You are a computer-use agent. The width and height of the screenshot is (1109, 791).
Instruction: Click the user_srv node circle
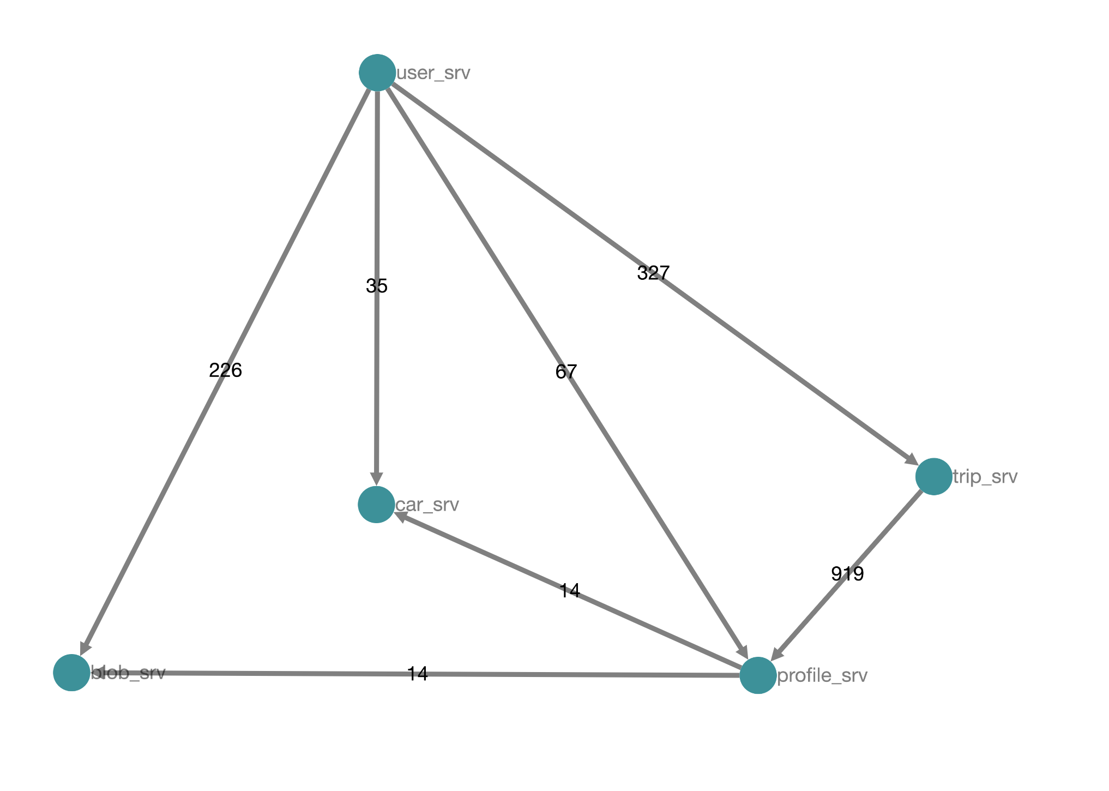click(377, 73)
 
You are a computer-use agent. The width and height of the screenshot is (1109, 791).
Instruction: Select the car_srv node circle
click(376, 505)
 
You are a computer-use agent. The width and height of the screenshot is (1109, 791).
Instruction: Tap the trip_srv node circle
click(934, 477)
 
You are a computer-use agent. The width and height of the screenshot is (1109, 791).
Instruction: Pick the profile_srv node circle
click(758, 675)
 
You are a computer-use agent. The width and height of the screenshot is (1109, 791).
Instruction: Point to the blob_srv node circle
click(71, 673)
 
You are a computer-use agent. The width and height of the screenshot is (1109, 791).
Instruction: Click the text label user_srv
click(433, 73)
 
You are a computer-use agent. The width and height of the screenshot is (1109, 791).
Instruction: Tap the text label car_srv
click(427, 505)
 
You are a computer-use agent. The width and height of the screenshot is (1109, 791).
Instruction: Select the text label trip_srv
click(985, 477)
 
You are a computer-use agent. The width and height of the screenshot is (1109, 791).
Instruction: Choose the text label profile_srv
click(822, 676)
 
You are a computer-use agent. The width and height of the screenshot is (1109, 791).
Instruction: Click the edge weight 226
click(225, 371)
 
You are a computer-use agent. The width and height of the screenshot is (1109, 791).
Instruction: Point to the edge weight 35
click(377, 286)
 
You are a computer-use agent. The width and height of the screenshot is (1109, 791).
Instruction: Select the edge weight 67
click(566, 372)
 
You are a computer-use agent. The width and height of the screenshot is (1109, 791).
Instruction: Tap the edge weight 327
click(653, 273)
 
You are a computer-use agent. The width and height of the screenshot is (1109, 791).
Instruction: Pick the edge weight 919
click(847, 574)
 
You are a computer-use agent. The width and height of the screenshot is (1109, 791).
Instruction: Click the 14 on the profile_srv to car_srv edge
click(570, 591)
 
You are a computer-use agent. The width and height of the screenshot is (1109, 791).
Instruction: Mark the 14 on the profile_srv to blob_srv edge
click(418, 674)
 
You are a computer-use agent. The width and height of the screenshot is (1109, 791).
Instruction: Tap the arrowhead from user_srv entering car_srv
click(376, 478)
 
